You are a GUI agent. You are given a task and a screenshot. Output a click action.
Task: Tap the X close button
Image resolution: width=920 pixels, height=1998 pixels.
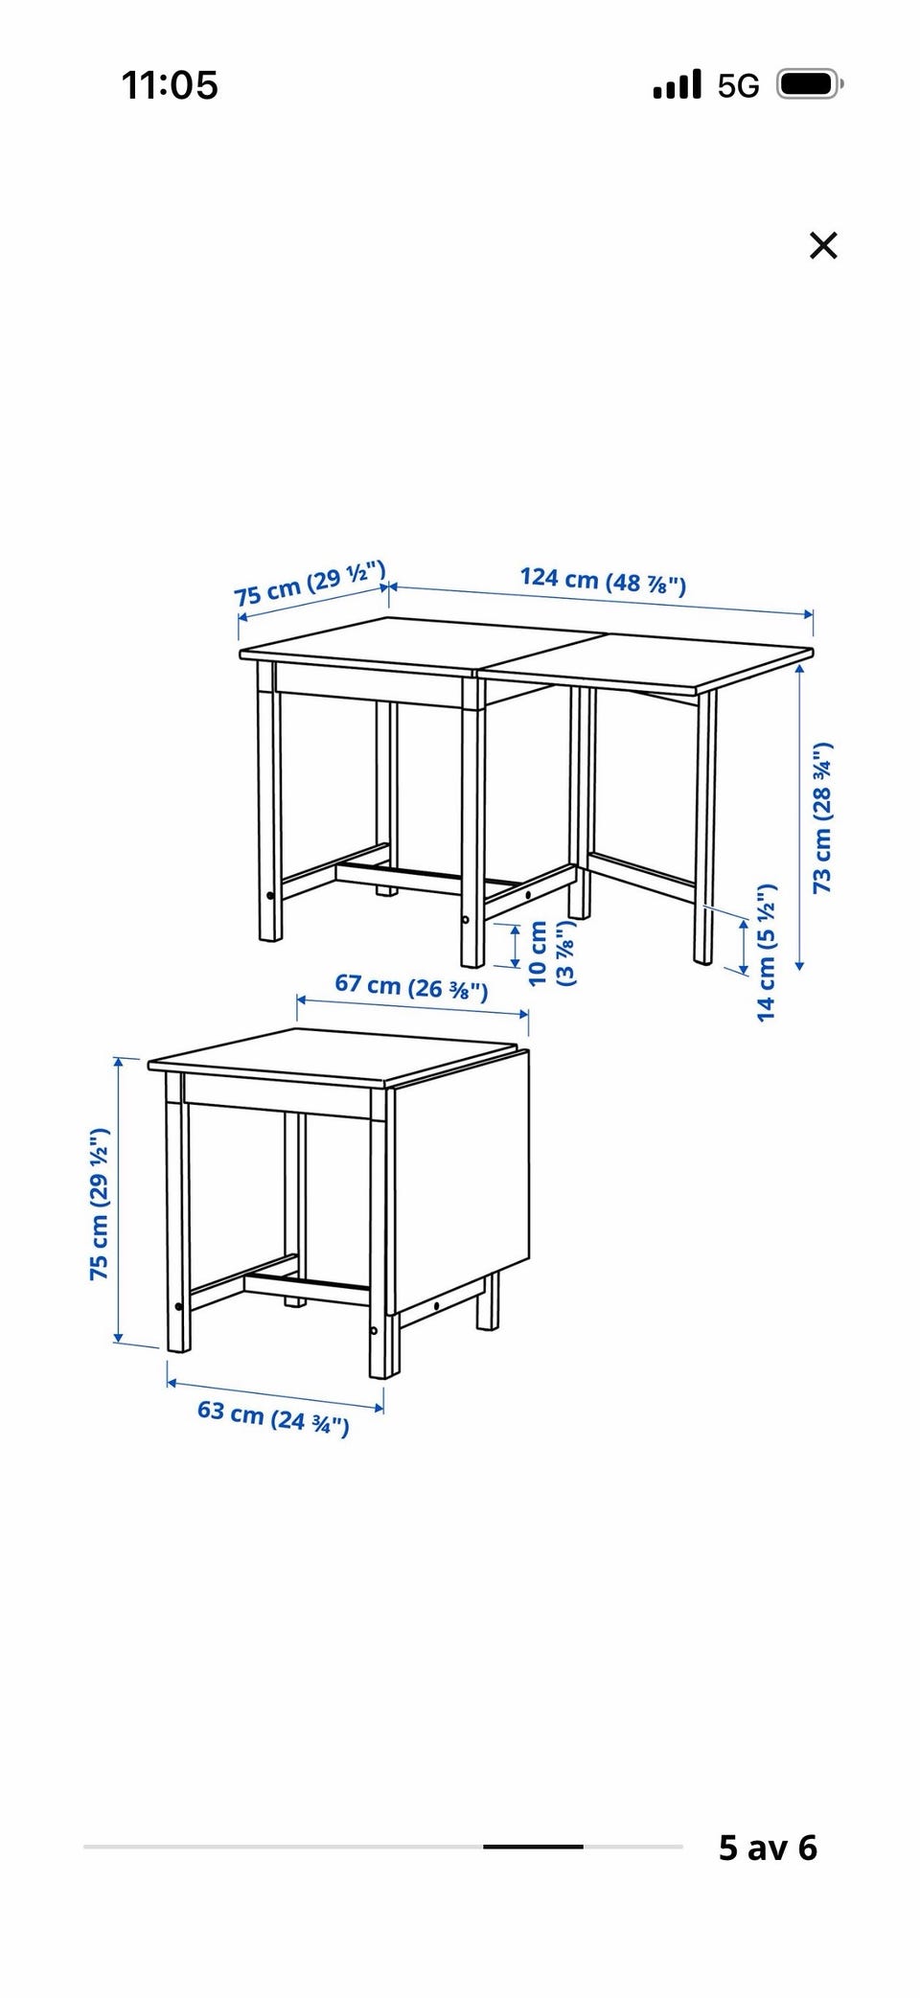click(x=823, y=246)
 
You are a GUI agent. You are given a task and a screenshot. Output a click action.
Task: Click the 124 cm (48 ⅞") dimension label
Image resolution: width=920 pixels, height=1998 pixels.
click(x=603, y=580)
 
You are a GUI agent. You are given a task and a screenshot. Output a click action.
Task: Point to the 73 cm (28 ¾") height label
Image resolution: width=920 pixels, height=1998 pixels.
click(x=822, y=817)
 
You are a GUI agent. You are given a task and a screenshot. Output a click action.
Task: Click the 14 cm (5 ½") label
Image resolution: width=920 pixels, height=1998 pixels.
click(x=766, y=952)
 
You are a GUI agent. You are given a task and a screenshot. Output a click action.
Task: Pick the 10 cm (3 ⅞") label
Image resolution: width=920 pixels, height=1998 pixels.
click(x=551, y=953)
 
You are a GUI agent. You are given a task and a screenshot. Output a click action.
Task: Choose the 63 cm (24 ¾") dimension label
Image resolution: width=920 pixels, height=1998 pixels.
click(x=273, y=1416)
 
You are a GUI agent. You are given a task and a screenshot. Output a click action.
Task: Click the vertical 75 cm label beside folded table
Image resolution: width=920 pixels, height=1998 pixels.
click(x=100, y=1205)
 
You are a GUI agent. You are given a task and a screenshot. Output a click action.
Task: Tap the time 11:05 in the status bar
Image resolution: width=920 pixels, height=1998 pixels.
click(x=170, y=85)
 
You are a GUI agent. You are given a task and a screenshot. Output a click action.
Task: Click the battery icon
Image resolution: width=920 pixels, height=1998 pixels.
click(x=809, y=85)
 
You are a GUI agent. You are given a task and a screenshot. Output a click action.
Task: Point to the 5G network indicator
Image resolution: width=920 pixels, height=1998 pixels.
click(x=738, y=86)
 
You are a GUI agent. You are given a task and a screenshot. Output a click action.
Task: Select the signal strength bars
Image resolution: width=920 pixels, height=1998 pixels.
click(x=677, y=85)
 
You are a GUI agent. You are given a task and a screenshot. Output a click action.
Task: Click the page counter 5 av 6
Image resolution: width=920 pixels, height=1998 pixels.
click(x=768, y=1848)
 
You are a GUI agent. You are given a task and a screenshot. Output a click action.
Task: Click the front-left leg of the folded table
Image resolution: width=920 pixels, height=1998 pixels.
click(x=177, y=1211)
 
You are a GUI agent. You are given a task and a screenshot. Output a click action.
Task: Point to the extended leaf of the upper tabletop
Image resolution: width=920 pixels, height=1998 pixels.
click(x=645, y=660)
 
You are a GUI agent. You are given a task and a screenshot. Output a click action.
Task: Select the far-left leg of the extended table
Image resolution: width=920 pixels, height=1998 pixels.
click(x=269, y=800)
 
